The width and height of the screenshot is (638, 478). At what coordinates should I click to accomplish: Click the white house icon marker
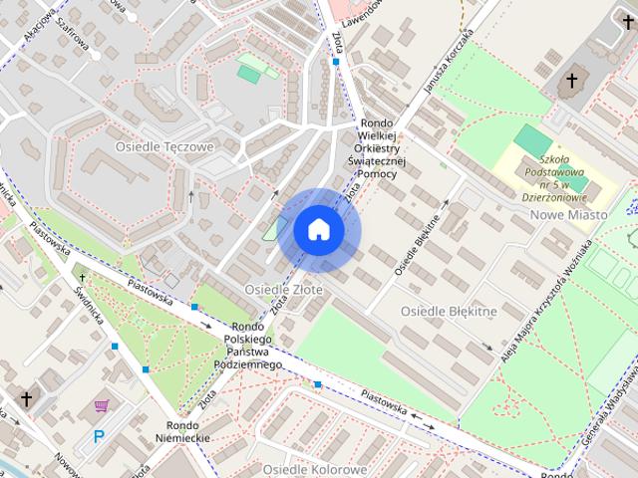pyautogui.click(x=319, y=229)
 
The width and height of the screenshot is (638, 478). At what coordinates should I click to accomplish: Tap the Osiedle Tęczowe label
pyautogui.click(x=164, y=146)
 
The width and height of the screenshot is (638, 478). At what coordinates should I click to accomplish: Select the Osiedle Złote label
pyautogui.click(x=283, y=289)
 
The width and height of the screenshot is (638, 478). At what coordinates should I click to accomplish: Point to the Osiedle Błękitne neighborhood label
pyautogui.click(x=448, y=312)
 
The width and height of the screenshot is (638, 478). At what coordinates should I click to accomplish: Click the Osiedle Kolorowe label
pyautogui.click(x=314, y=468)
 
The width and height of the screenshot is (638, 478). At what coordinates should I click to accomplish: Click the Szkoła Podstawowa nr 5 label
pyautogui.click(x=553, y=176)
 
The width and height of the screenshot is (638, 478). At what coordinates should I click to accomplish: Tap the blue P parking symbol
pyautogui.click(x=98, y=435)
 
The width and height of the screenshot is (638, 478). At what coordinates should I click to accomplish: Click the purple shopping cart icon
pyautogui.click(x=101, y=406)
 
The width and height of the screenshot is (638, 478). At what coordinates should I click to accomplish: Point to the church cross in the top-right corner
pyautogui.click(x=572, y=82)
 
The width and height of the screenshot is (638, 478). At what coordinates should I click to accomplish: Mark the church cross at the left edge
pyautogui.click(x=26, y=399)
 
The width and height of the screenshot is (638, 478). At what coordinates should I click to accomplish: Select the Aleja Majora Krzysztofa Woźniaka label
pyautogui.click(x=547, y=299)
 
